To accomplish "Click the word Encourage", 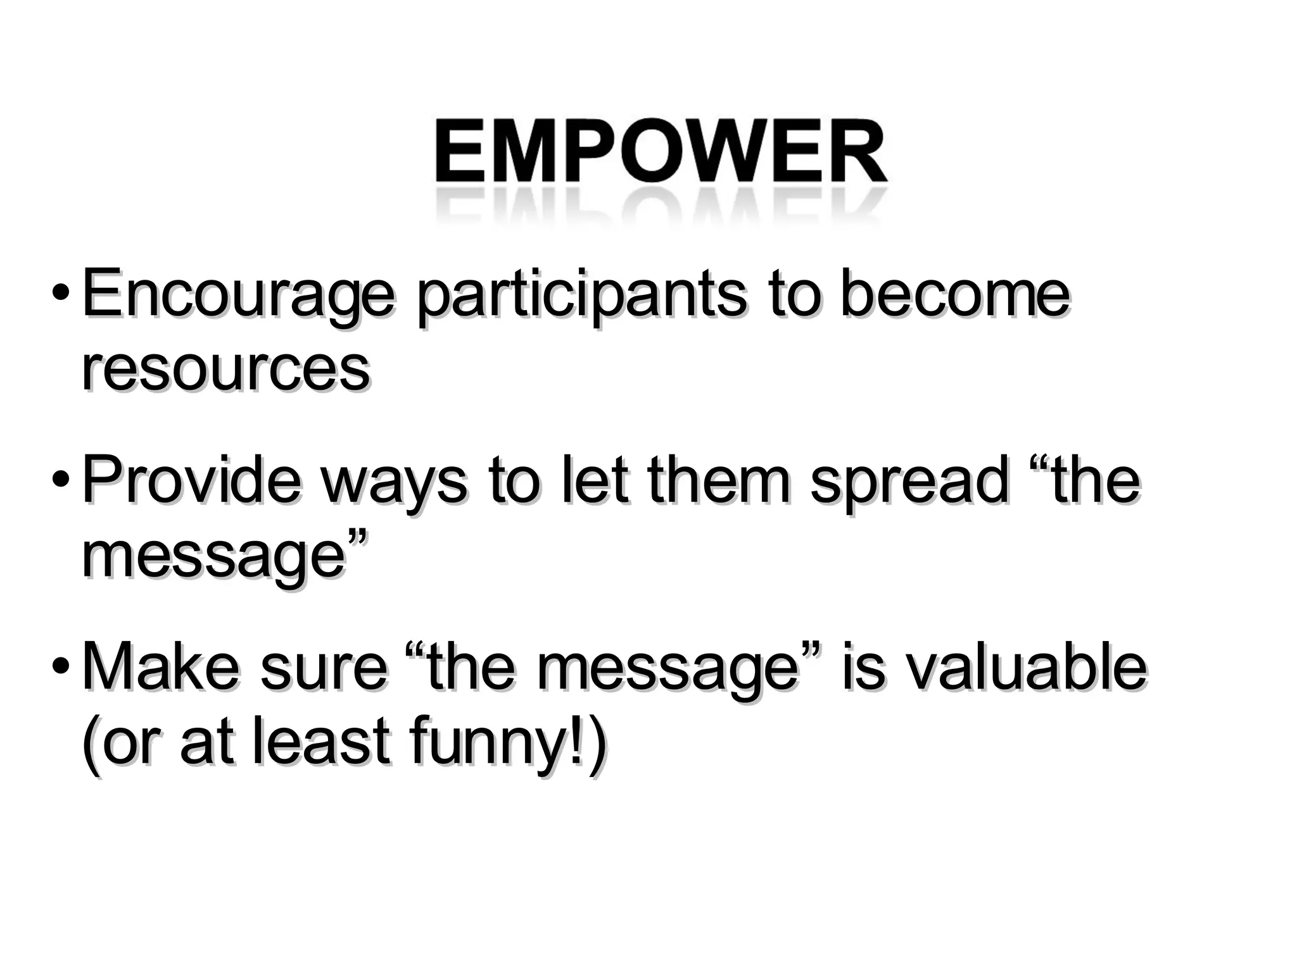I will [x=237, y=296].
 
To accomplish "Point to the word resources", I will [x=225, y=370].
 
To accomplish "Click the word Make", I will [x=161, y=667].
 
